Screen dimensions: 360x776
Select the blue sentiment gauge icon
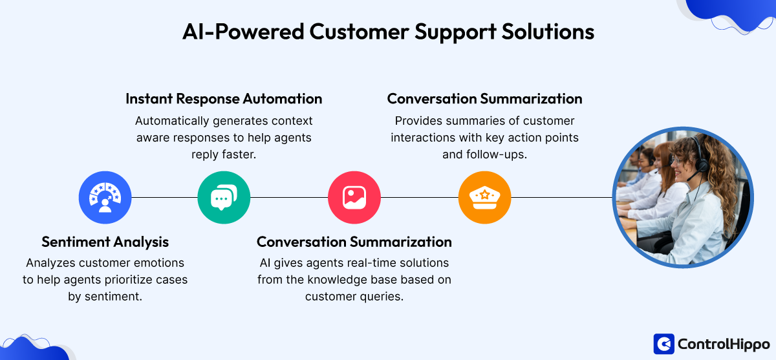[105, 196]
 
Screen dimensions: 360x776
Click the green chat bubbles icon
[223, 196]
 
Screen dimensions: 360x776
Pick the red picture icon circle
[354, 196]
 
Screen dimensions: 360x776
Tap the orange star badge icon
[484, 196]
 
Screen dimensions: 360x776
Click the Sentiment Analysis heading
[105, 242]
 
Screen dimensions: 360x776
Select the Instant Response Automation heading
[224, 99]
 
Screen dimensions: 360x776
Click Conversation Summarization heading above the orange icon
[484, 99]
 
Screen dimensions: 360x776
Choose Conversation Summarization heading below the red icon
[354, 242]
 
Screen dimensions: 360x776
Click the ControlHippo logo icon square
[663, 343]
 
